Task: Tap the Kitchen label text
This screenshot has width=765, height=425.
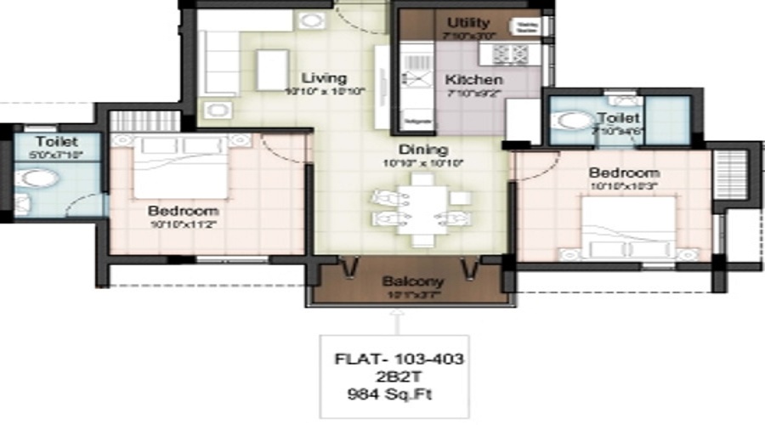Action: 467,80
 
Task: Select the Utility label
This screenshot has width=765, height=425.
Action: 468,23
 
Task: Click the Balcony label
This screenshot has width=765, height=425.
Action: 413,281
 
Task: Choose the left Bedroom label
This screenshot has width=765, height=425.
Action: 183,210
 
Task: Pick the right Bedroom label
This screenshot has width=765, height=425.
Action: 624,173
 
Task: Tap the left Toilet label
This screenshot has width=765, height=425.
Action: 56,141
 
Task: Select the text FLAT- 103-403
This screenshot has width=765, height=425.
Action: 399,360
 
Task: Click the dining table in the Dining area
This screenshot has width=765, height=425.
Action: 416,208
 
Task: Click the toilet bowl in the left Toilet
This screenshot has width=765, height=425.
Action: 39,179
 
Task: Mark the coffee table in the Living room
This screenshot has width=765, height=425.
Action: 273,68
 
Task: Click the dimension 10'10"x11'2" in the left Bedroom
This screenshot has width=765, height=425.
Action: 183,224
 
